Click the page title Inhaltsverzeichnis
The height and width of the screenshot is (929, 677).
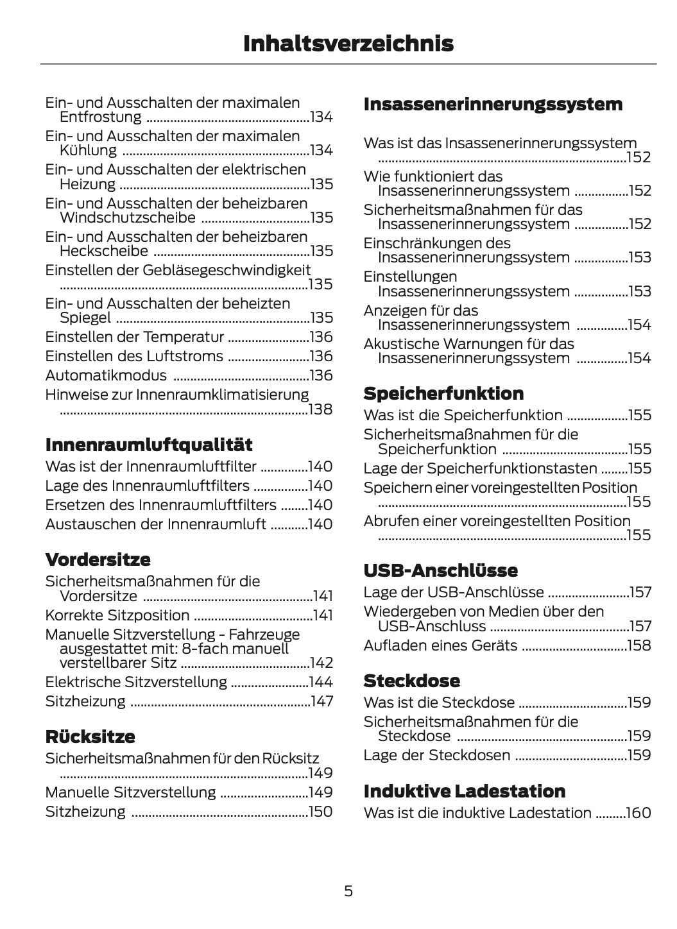tap(348, 44)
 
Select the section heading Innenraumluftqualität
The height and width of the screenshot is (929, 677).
tap(149, 445)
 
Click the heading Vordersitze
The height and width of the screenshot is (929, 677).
tap(98, 559)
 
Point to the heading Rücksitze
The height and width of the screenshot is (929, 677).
tap(90, 736)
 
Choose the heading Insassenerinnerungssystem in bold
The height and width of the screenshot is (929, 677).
tap(493, 104)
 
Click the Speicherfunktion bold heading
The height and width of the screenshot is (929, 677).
tap(443, 393)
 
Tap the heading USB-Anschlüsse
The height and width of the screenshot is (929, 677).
tap(440, 570)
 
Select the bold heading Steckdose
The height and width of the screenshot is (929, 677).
tap(411, 681)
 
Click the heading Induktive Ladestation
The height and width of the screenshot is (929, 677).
tap(465, 791)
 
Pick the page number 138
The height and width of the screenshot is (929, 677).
tap(320, 409)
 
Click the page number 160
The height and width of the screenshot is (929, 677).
tap(638, 813)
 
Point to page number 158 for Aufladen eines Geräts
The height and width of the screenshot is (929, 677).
tap(639, 645)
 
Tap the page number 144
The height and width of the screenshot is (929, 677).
tap(321, 682)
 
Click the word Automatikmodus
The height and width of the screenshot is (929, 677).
tap(106, 375)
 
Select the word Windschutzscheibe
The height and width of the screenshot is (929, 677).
tap(127, 217)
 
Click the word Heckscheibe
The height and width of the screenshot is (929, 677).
tap(103, 251)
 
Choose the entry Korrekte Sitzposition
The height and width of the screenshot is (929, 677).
tap(117, 615)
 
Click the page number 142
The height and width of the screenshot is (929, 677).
tap(321, 663)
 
